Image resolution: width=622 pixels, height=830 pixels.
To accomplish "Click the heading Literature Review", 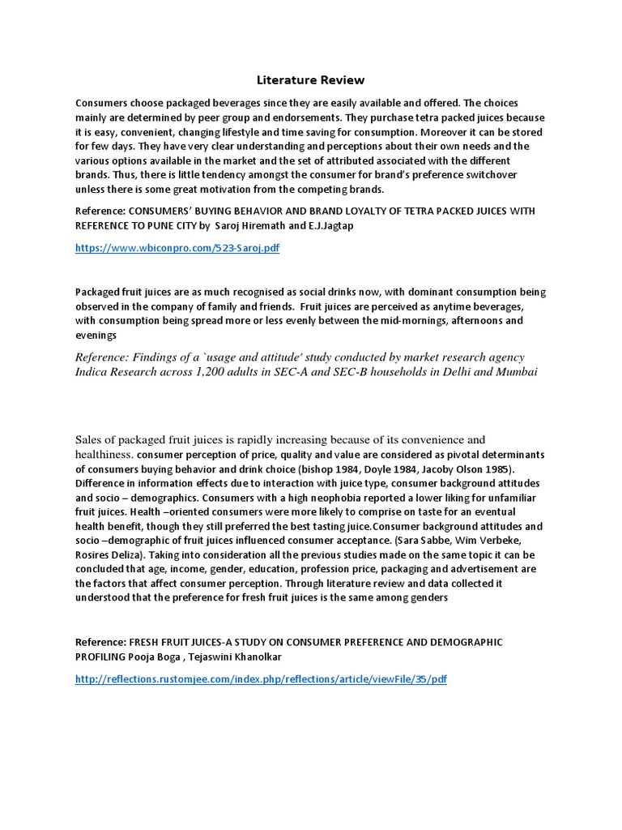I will pos(311,79).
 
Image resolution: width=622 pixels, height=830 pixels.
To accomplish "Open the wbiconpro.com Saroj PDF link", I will pos(177,248).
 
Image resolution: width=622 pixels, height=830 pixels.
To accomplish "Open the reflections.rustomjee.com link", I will pos(261,678).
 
